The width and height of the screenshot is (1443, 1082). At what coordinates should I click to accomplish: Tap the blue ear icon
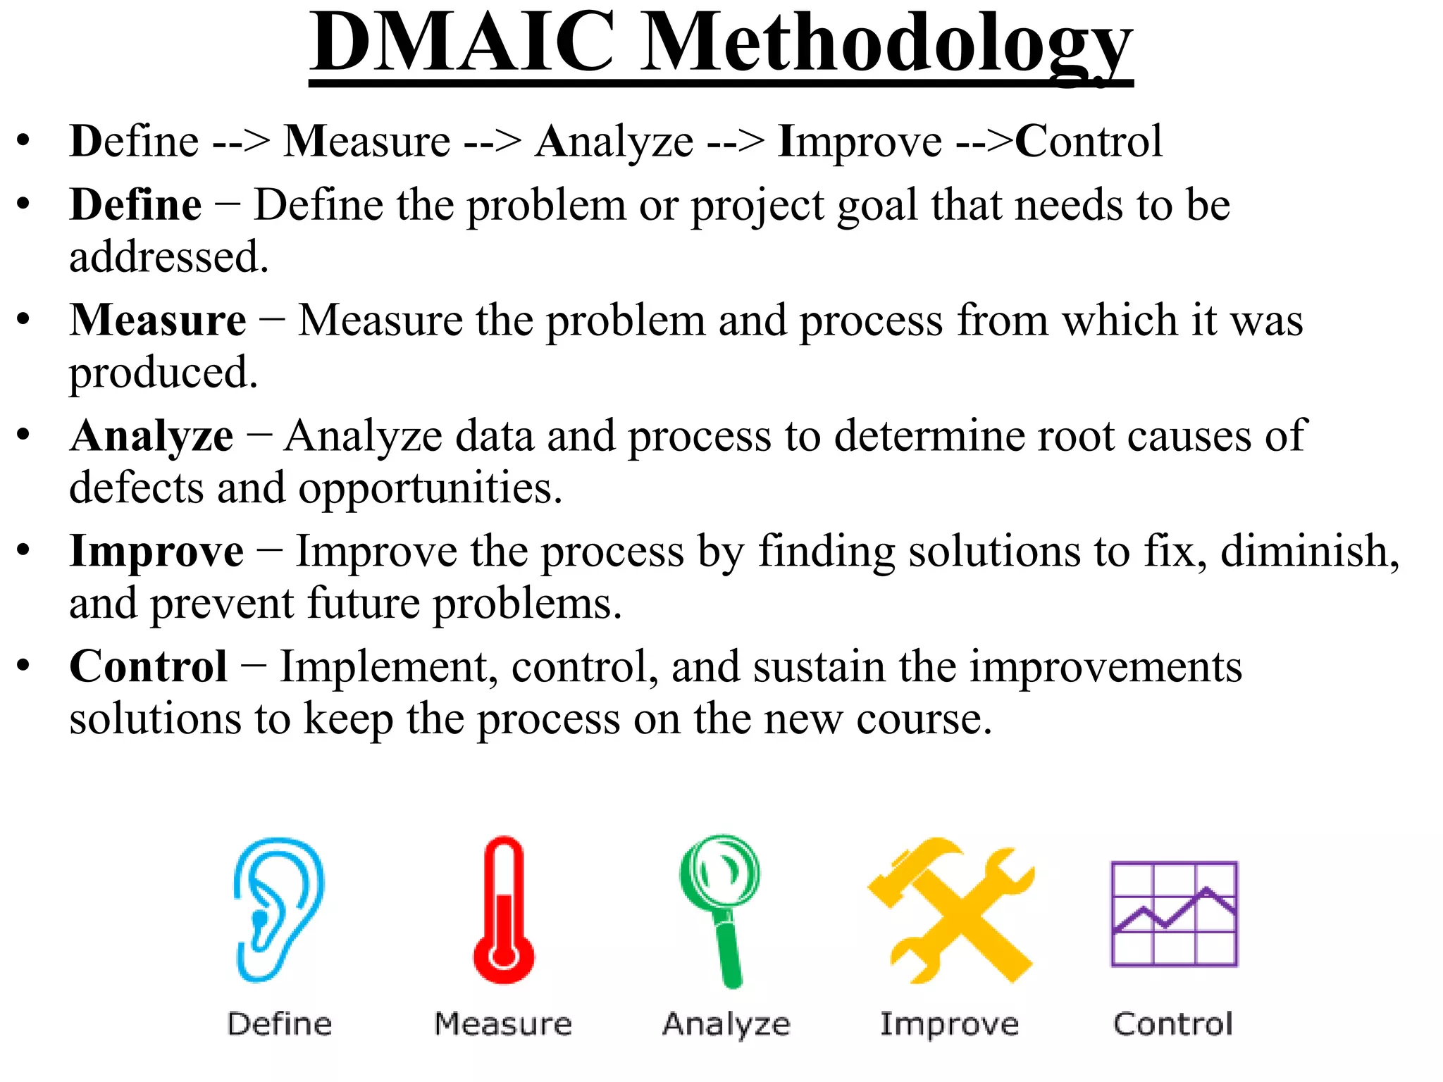point(278,909)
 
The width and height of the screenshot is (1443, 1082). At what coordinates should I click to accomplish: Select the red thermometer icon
point(504,909)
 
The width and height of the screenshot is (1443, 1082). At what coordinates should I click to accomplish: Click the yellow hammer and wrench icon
point(950,909)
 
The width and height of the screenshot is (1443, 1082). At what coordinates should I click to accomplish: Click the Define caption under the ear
point(280,1024)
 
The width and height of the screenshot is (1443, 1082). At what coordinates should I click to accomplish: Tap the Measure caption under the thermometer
point(503,1024)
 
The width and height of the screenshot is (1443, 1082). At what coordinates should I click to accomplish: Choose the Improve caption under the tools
point(950,1024)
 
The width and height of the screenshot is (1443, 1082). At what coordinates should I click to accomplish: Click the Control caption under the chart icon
point(1173,1024)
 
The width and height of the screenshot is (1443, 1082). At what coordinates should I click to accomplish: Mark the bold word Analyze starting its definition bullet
point(151,436)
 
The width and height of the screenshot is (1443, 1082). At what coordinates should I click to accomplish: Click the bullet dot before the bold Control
point(24,666)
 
